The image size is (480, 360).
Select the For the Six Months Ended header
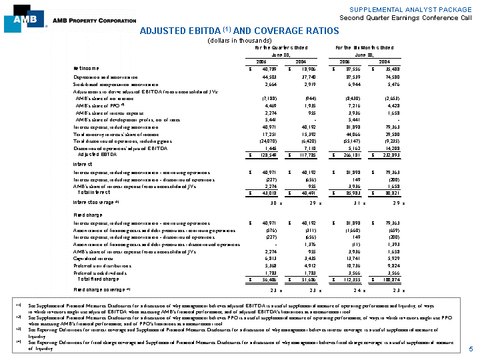click(x=364, y=48)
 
